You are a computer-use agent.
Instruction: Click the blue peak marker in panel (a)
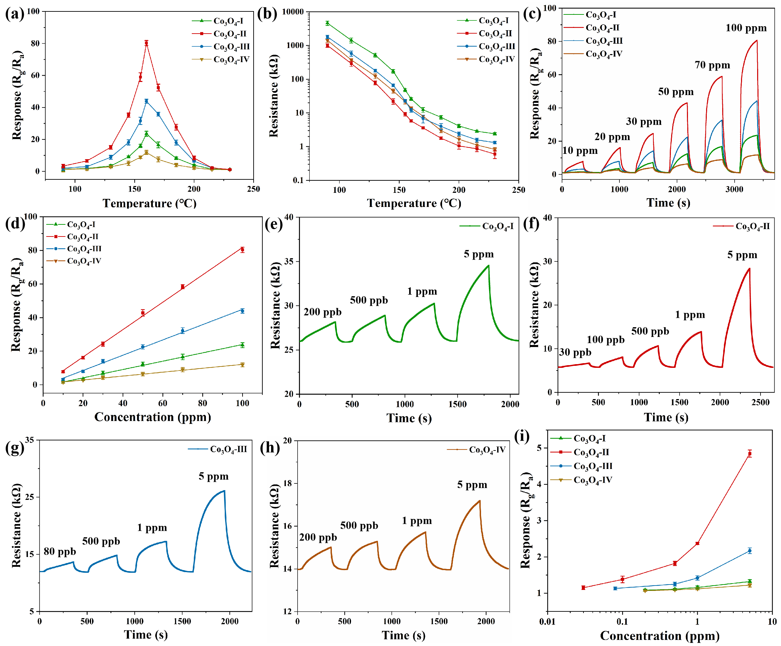146,101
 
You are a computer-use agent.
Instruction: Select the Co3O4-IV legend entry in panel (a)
221,59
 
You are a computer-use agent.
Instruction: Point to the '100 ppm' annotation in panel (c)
746,28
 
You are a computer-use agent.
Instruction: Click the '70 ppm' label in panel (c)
712,66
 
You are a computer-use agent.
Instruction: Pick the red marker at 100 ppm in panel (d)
243,250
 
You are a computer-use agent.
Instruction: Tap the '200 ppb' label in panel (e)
322,312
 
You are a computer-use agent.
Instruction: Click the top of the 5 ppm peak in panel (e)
488,265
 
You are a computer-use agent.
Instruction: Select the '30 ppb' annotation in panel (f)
575,352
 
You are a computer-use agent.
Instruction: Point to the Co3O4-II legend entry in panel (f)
741,226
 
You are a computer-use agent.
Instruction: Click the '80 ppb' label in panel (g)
60,552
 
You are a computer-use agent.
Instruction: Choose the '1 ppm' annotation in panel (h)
417,521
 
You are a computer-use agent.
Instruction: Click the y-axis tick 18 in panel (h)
288,483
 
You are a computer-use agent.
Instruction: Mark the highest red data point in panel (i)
750,454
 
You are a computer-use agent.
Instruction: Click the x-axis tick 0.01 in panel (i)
547,621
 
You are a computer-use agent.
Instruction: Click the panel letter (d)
15,224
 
